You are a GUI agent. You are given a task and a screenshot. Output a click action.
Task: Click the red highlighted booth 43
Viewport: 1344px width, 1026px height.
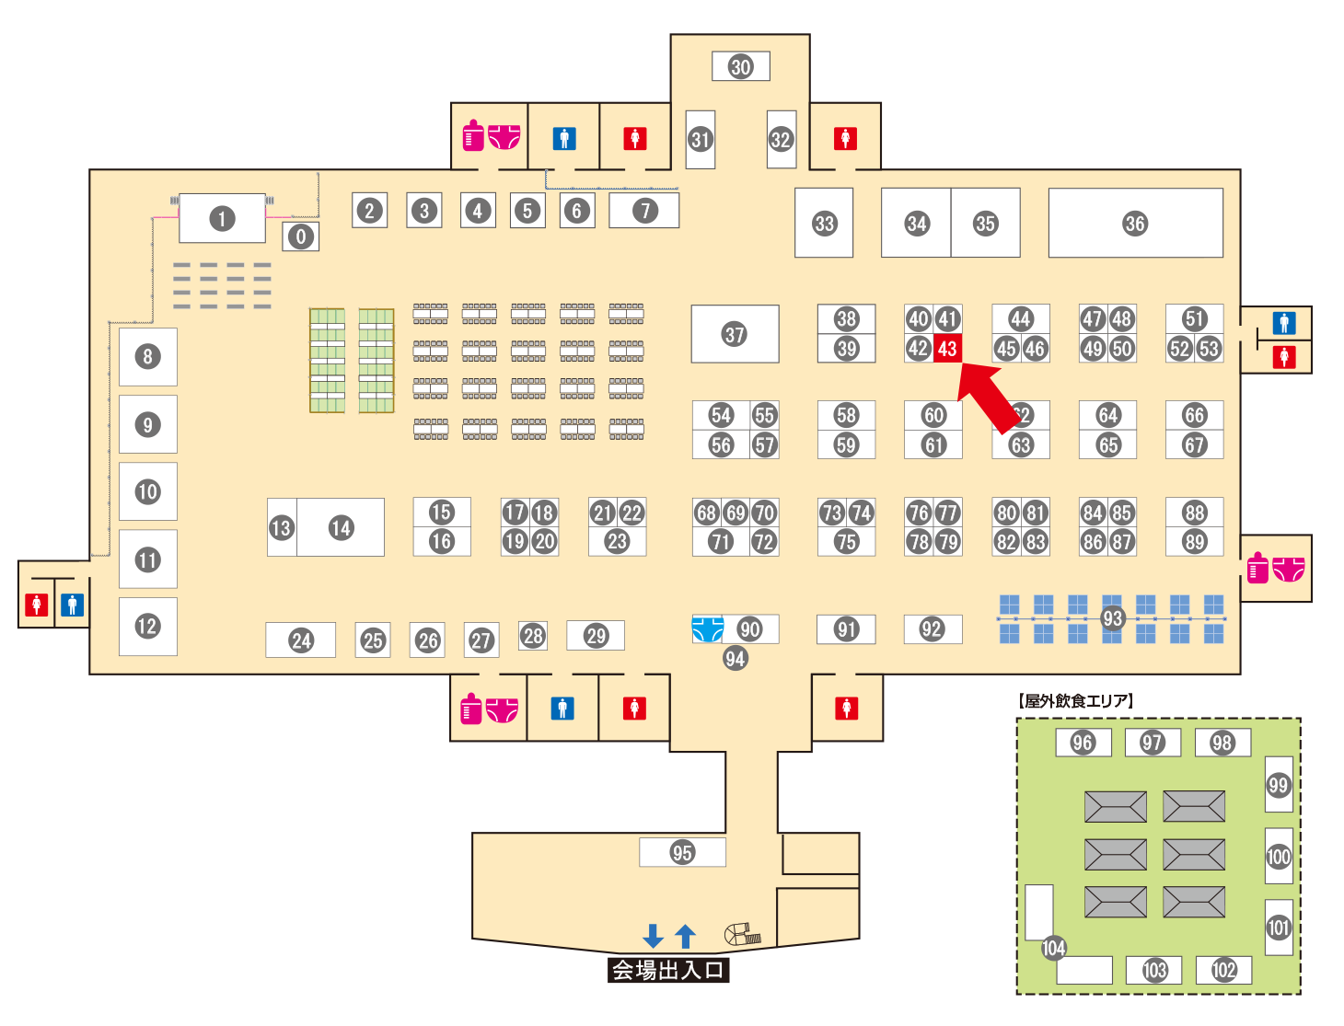coord(947,349)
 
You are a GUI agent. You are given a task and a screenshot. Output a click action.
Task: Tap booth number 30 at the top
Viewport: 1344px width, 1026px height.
coord(741,66)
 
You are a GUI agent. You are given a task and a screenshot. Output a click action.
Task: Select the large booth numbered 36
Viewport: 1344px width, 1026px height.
coord(1135,224)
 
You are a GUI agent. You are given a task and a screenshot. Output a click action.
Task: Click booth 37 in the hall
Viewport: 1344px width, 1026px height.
coord(735,334)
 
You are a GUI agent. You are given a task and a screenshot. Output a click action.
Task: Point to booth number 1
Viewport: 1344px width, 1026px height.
coord(222,219)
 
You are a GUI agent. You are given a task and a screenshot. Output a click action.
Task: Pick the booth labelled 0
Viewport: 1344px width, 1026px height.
coord(301,236)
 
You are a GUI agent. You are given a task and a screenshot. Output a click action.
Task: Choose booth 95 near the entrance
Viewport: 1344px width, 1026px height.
coord(682,852)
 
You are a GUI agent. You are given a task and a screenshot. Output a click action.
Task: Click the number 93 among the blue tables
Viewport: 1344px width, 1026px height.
coord(1113,618)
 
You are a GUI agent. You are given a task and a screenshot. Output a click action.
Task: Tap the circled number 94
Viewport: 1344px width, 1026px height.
coord(735,658)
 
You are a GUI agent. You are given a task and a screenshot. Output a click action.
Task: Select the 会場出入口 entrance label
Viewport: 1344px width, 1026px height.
coord(668,970)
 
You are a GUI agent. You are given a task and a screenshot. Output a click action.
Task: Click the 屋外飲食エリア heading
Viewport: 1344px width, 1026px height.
coord(1076,701)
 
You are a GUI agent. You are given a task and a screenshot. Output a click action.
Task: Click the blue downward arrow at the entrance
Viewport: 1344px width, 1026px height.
coord(653,936)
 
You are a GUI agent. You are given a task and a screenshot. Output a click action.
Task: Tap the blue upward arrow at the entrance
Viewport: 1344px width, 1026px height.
coord(685,936)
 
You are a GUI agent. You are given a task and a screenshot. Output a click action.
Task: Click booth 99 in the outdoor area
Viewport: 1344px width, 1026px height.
coord(1279,785)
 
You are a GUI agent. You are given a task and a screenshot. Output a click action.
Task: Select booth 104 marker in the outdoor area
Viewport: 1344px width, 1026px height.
coord(1053,948)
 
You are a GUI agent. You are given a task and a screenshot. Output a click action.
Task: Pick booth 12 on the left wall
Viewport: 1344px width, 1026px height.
coord(147,627)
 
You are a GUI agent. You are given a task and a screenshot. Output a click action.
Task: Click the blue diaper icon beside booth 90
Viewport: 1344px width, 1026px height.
coord(707,629)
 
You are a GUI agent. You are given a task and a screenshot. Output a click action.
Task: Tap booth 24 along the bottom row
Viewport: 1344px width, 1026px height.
coord(301,640)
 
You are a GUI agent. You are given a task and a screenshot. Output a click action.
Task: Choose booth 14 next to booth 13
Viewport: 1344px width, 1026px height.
coord(341,527)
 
